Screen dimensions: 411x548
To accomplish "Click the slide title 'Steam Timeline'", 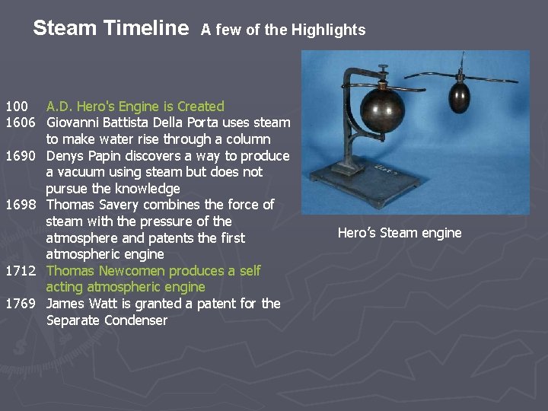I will point(110,29).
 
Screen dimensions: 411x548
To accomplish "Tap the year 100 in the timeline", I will point(16,107).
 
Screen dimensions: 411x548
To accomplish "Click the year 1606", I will point(21,123).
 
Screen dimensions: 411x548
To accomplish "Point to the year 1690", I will point(21,156).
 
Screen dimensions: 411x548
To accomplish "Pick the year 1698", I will point(21,205).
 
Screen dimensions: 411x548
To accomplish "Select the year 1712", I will point(21,271).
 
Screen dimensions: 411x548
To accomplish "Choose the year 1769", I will point(21,304).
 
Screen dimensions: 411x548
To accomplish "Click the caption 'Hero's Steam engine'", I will point(400,233).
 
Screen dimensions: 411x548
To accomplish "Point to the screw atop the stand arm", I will point(381,71).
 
